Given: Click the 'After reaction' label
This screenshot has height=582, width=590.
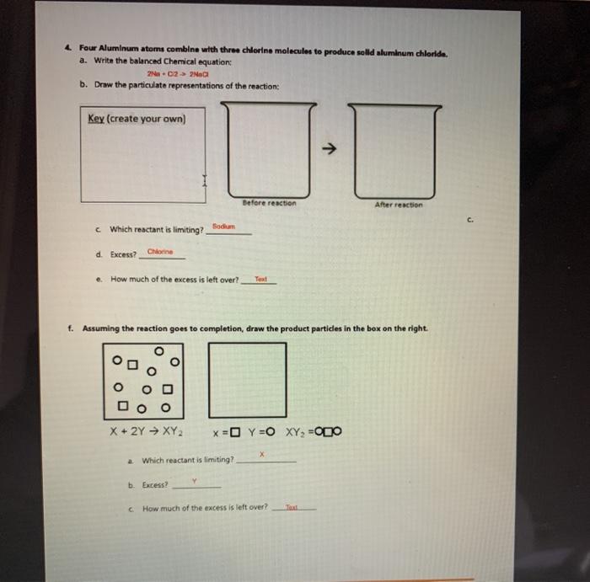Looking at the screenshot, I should pos(399,205).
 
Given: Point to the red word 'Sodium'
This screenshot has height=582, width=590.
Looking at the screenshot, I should pos(222,226).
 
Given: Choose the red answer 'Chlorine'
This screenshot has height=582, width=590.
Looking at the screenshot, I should pos(160,251).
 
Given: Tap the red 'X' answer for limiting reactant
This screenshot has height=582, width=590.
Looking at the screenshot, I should pos(262,454).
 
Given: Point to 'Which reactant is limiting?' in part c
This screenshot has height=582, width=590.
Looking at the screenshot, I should pos(157,229).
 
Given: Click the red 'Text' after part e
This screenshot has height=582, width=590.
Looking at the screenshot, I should pos(261,279).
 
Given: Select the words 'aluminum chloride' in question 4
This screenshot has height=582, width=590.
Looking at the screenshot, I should pos(410,51).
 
